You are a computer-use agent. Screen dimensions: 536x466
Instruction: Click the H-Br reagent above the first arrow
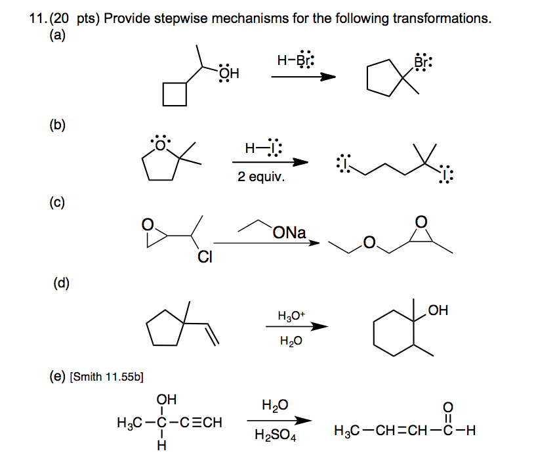296,60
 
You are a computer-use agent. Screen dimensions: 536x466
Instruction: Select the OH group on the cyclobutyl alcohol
230,73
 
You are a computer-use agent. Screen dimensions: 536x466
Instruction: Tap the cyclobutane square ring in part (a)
175,94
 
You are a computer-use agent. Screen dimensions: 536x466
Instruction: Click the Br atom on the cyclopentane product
423,62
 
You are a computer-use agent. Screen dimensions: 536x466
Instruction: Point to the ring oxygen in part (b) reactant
160,144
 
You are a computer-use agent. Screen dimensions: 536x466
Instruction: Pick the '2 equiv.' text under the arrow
261,177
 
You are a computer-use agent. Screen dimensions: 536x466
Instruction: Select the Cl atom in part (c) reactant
205,257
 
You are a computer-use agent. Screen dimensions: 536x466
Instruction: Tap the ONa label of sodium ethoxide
289,232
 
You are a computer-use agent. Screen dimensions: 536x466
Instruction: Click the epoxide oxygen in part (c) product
421,222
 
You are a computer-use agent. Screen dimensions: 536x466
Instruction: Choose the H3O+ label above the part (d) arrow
291,316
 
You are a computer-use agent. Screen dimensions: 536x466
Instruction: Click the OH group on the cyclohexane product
438,310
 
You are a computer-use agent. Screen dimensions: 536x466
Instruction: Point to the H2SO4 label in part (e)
276,435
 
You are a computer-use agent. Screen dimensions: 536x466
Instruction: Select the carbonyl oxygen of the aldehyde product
448,407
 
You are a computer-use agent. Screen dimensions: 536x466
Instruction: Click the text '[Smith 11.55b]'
107,377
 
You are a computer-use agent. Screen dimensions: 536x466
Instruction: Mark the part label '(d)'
62,283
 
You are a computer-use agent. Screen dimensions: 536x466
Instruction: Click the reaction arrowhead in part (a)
328,77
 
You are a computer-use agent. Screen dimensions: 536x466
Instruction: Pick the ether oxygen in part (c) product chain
369,242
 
